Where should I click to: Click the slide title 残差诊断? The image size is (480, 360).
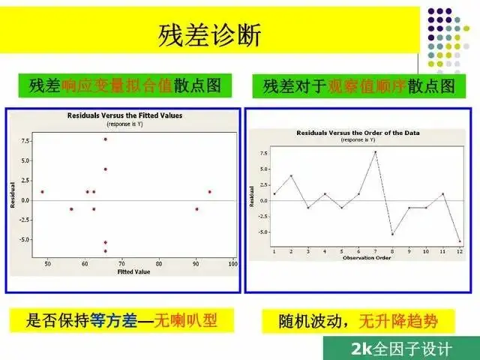pyautogui.click(x=209, y=34)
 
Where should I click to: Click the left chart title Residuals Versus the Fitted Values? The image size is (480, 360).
pyautogui.click(x=125, y=115)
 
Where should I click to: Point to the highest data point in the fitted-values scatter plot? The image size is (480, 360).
pyautogui.click(x=106, y=139)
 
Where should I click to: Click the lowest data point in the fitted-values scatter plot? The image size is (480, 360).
pyautogui.click(x=106, y=250)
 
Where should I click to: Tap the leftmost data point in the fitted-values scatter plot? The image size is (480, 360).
pyautogui.click(x=43, y=192)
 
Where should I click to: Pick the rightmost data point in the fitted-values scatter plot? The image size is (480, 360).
pyautogui.click(x=210, y=192)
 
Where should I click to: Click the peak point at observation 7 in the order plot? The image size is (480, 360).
pyautogui.click(x=375, y=151)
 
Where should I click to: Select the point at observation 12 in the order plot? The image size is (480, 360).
pyautogui.click(x=459, y=241)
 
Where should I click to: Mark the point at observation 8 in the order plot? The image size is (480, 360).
pyautogui.click(x=392, y=234)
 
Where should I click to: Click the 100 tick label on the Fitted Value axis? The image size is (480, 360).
pyautogui.click(x=232, y=264)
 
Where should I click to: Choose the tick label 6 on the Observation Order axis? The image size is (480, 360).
pyautogui.click(x=358, y=251)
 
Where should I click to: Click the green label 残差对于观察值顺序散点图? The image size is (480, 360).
pyautogui.click(x=358, y=85)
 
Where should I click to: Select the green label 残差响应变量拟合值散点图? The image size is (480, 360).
pyautogui.click(x=124, y=85)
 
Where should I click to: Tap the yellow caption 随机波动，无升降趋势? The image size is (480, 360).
pyautogui.click(x=359, y=322)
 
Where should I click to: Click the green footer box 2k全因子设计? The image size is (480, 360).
pyautogui.click(x=401, y=349)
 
